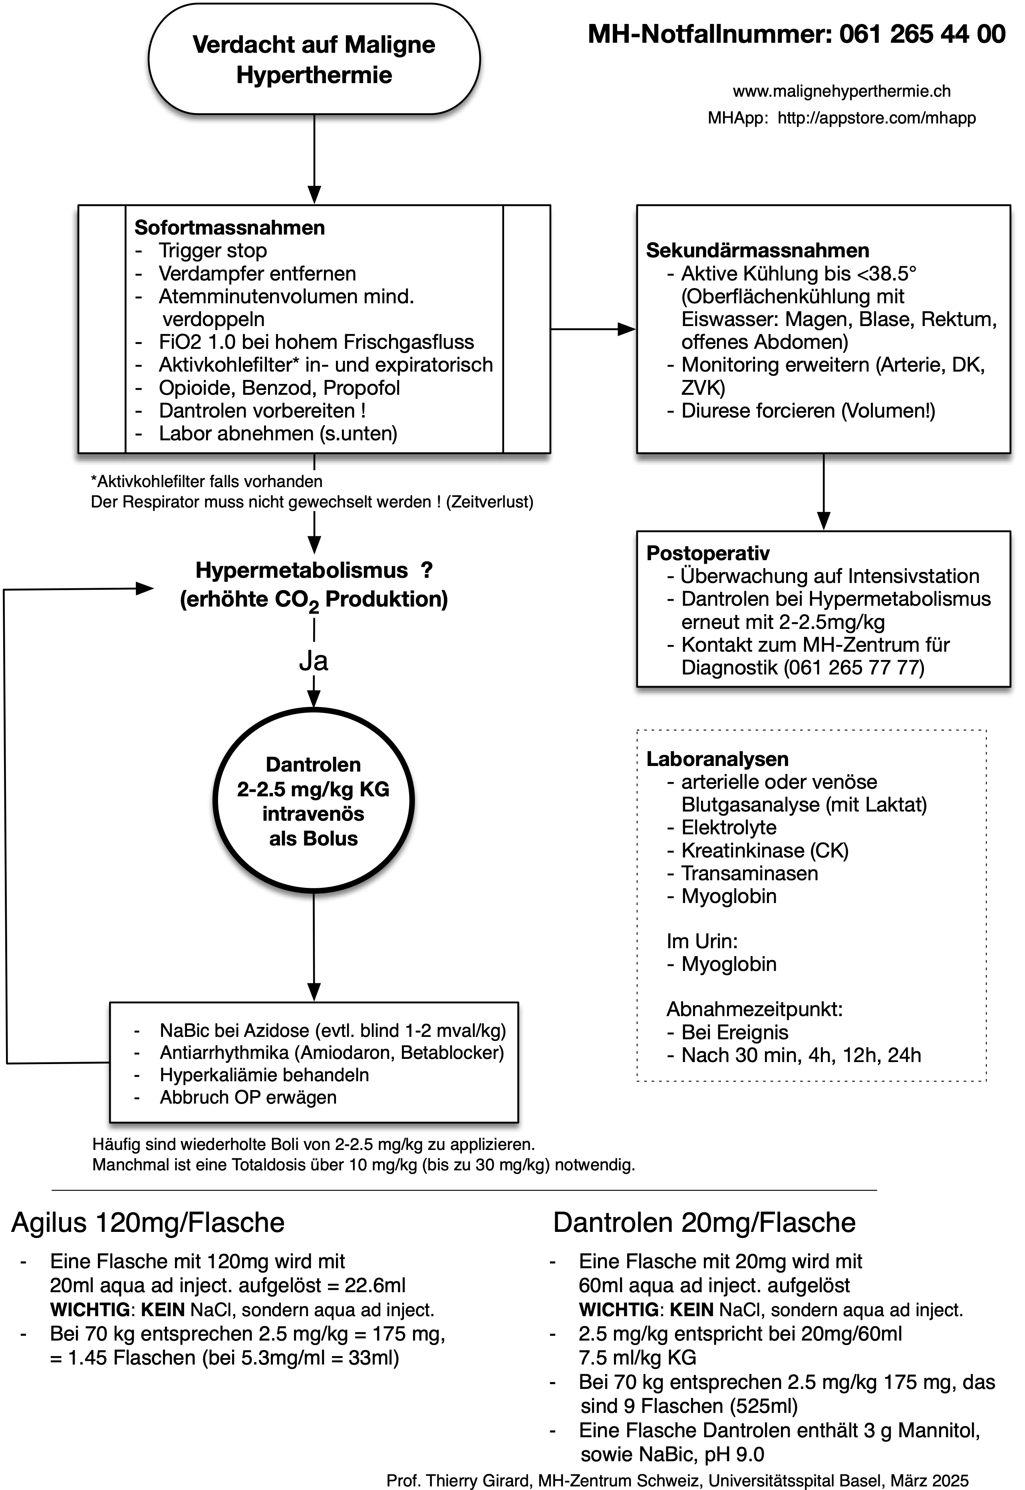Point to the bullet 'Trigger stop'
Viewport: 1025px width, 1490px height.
(x=213, y=251)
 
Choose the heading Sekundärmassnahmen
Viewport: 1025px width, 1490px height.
(x=757, y=251)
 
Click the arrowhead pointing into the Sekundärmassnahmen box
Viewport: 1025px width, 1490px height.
(x=626, y=330)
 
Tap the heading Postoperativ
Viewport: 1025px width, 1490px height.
(x=708, y=553)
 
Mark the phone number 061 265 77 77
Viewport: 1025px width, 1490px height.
(x=854, y=667)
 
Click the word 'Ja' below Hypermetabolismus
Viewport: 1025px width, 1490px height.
(x=314, y=661)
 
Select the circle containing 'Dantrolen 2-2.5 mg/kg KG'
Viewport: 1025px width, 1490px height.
(x=314, y=801)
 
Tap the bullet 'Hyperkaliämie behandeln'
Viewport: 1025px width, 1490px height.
(x=264, y=1075)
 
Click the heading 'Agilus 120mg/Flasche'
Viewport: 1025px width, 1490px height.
(x=148, y=1223)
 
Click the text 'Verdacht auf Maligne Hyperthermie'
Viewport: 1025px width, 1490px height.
(x=314, y=60)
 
